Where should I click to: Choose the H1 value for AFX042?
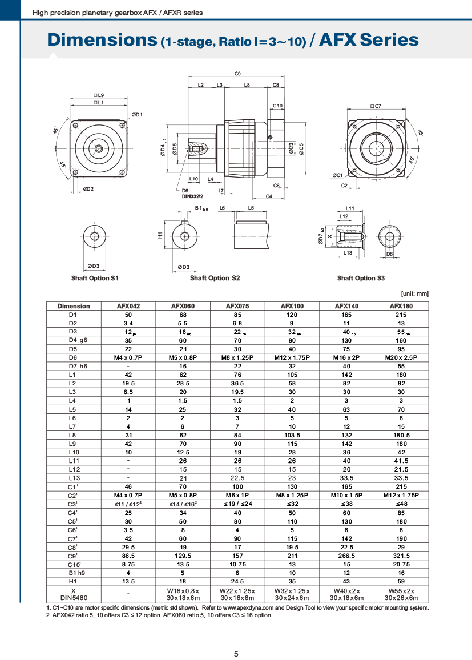pos(128,581)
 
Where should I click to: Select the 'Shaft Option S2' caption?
pos(215,278)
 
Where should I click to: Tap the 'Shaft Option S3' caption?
pos(361,278)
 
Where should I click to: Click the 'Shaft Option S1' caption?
pos(95,278)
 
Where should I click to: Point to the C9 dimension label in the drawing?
pos(237,74)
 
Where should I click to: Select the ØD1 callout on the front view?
pos(137,115)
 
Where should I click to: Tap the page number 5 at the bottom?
pos(236,638)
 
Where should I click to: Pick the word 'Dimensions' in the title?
pos(101,40)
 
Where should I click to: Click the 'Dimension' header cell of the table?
pos(73,306)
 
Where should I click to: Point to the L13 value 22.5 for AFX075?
pos(237,478)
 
